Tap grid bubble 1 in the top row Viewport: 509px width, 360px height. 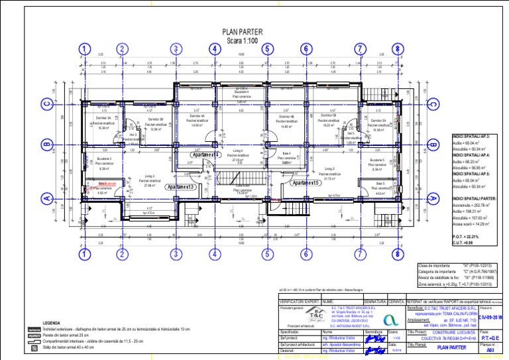click(84, 48)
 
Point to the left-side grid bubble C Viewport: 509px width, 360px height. click(46, 103)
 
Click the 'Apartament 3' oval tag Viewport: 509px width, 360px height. click(180, 188)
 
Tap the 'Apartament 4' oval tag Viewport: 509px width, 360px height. click(209, 154)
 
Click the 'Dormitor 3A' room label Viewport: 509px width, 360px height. click(103, 118)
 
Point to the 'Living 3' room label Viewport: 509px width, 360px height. click(150, 176)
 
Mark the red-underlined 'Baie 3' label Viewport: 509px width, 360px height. click(106, 183)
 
